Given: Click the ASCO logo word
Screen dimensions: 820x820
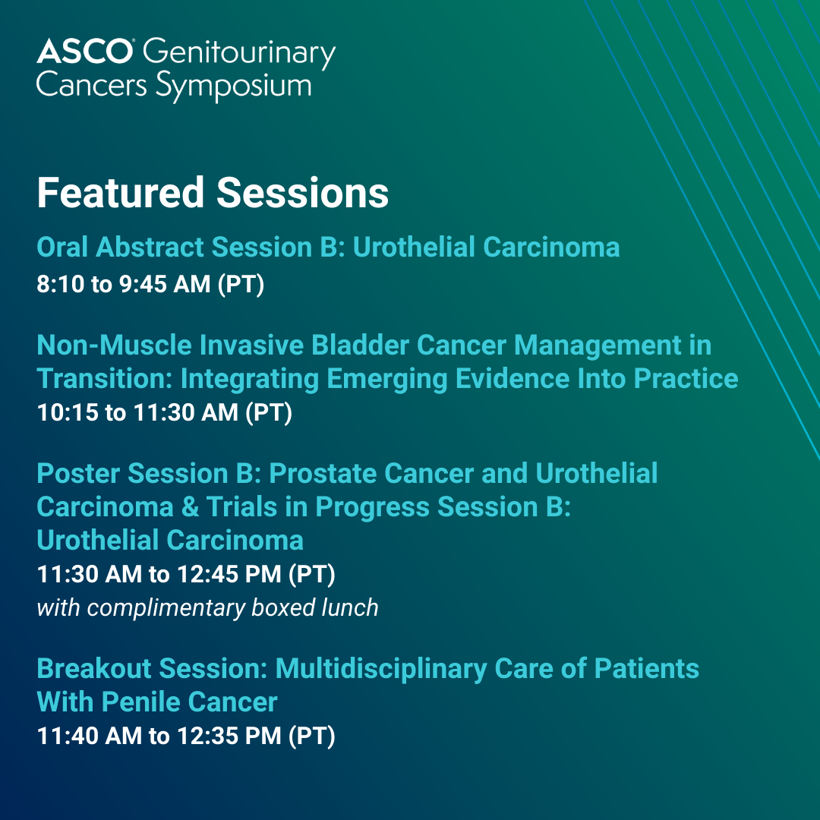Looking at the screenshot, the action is coord(85,52).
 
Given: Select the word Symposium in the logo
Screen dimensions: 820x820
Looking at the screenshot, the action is coord(234,87).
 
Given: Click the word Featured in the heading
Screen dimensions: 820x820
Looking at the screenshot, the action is coord(120,193).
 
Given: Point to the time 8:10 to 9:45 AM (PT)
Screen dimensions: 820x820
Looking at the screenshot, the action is coord(150,285).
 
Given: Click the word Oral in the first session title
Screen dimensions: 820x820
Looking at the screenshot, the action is coord(62,247).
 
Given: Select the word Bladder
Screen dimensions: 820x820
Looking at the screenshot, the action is coord(361,345).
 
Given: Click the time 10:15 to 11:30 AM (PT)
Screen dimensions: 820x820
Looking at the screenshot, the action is coord(165,412).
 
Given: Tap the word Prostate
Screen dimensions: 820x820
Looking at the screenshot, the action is coord(322,474).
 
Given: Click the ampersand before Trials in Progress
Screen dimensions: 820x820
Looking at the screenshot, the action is coord(191,507).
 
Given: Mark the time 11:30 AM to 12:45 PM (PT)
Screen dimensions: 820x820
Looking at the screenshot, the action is coord(186,574).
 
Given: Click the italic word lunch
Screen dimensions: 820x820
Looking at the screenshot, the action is coord(350,607).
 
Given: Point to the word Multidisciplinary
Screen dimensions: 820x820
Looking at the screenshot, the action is coord(381,670).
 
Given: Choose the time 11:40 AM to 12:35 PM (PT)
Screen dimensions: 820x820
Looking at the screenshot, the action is coord(186,736).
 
